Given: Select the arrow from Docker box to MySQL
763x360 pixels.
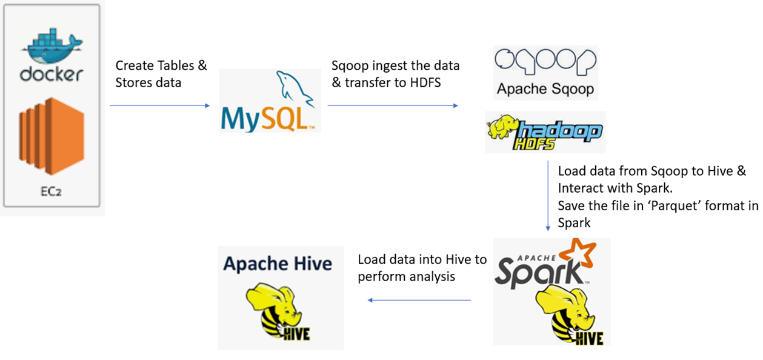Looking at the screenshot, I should (159, 105).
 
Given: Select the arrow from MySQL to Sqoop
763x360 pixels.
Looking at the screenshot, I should (393, 105).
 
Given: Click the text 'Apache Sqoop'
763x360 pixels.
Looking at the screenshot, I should (545, 89).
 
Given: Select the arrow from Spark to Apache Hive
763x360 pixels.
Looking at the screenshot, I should (419, 300).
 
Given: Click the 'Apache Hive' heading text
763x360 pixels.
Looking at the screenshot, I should (278, 263).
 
